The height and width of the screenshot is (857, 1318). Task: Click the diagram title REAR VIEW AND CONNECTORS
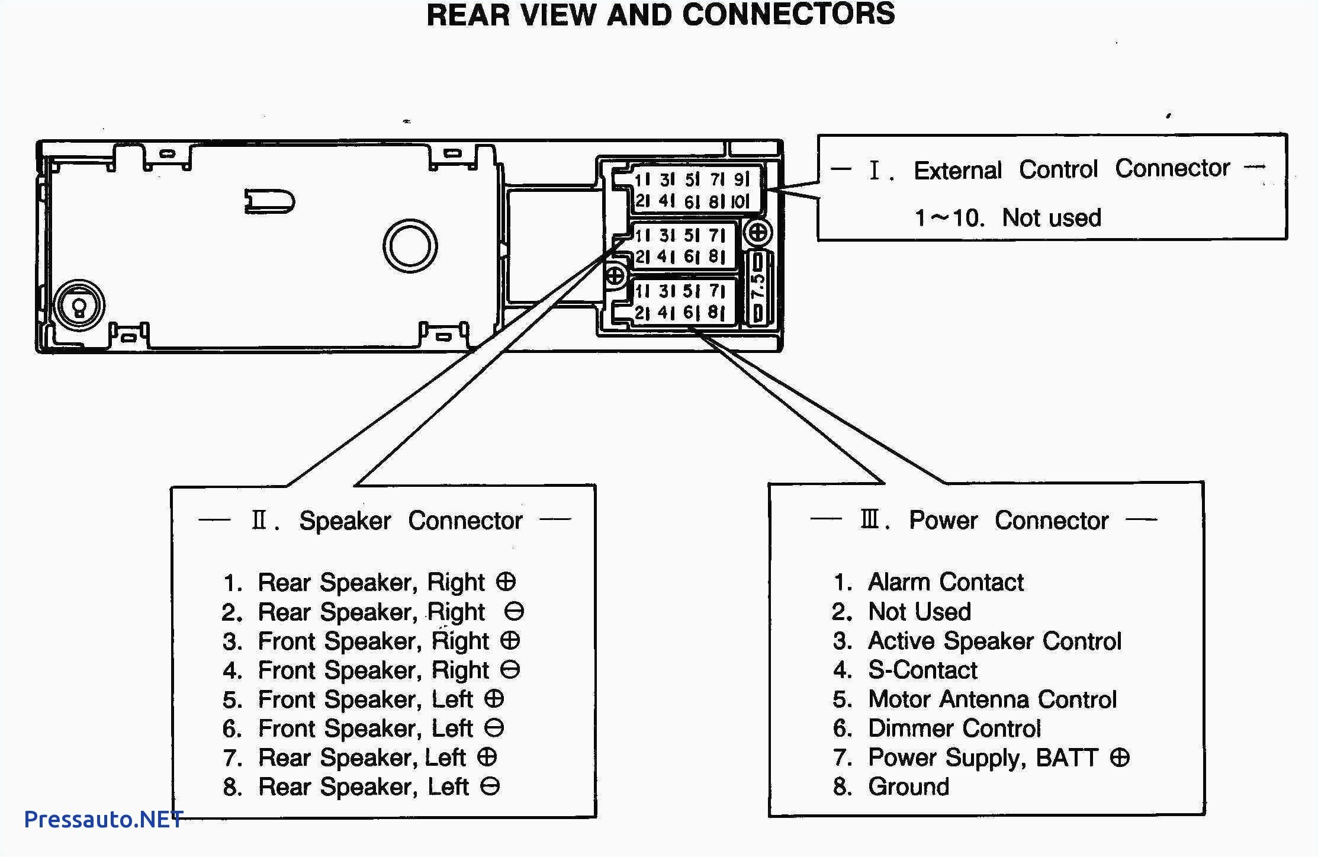[660, 15]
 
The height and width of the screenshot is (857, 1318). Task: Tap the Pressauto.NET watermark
[103, 819]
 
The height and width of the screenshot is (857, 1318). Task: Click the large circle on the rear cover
[410, 246]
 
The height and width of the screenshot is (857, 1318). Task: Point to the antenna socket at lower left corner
[79, 306]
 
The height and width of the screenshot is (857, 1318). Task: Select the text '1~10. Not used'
[1007, 218]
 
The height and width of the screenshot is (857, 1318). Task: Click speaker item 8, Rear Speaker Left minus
[362, 787]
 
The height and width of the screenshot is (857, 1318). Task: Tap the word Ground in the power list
[908, 787]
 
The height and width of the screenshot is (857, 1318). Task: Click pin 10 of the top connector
[740, 201]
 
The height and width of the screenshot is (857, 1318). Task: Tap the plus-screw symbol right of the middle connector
[758, 232]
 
